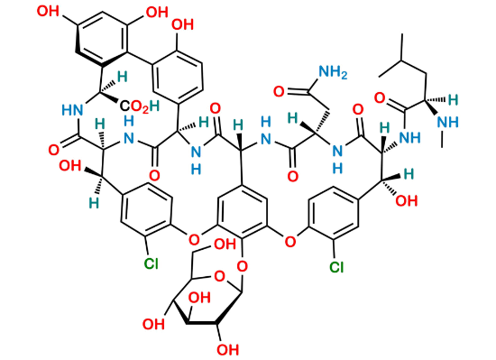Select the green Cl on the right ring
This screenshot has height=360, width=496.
[x=337, y=267]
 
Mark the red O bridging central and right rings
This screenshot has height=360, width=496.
[x=288, y=242]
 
